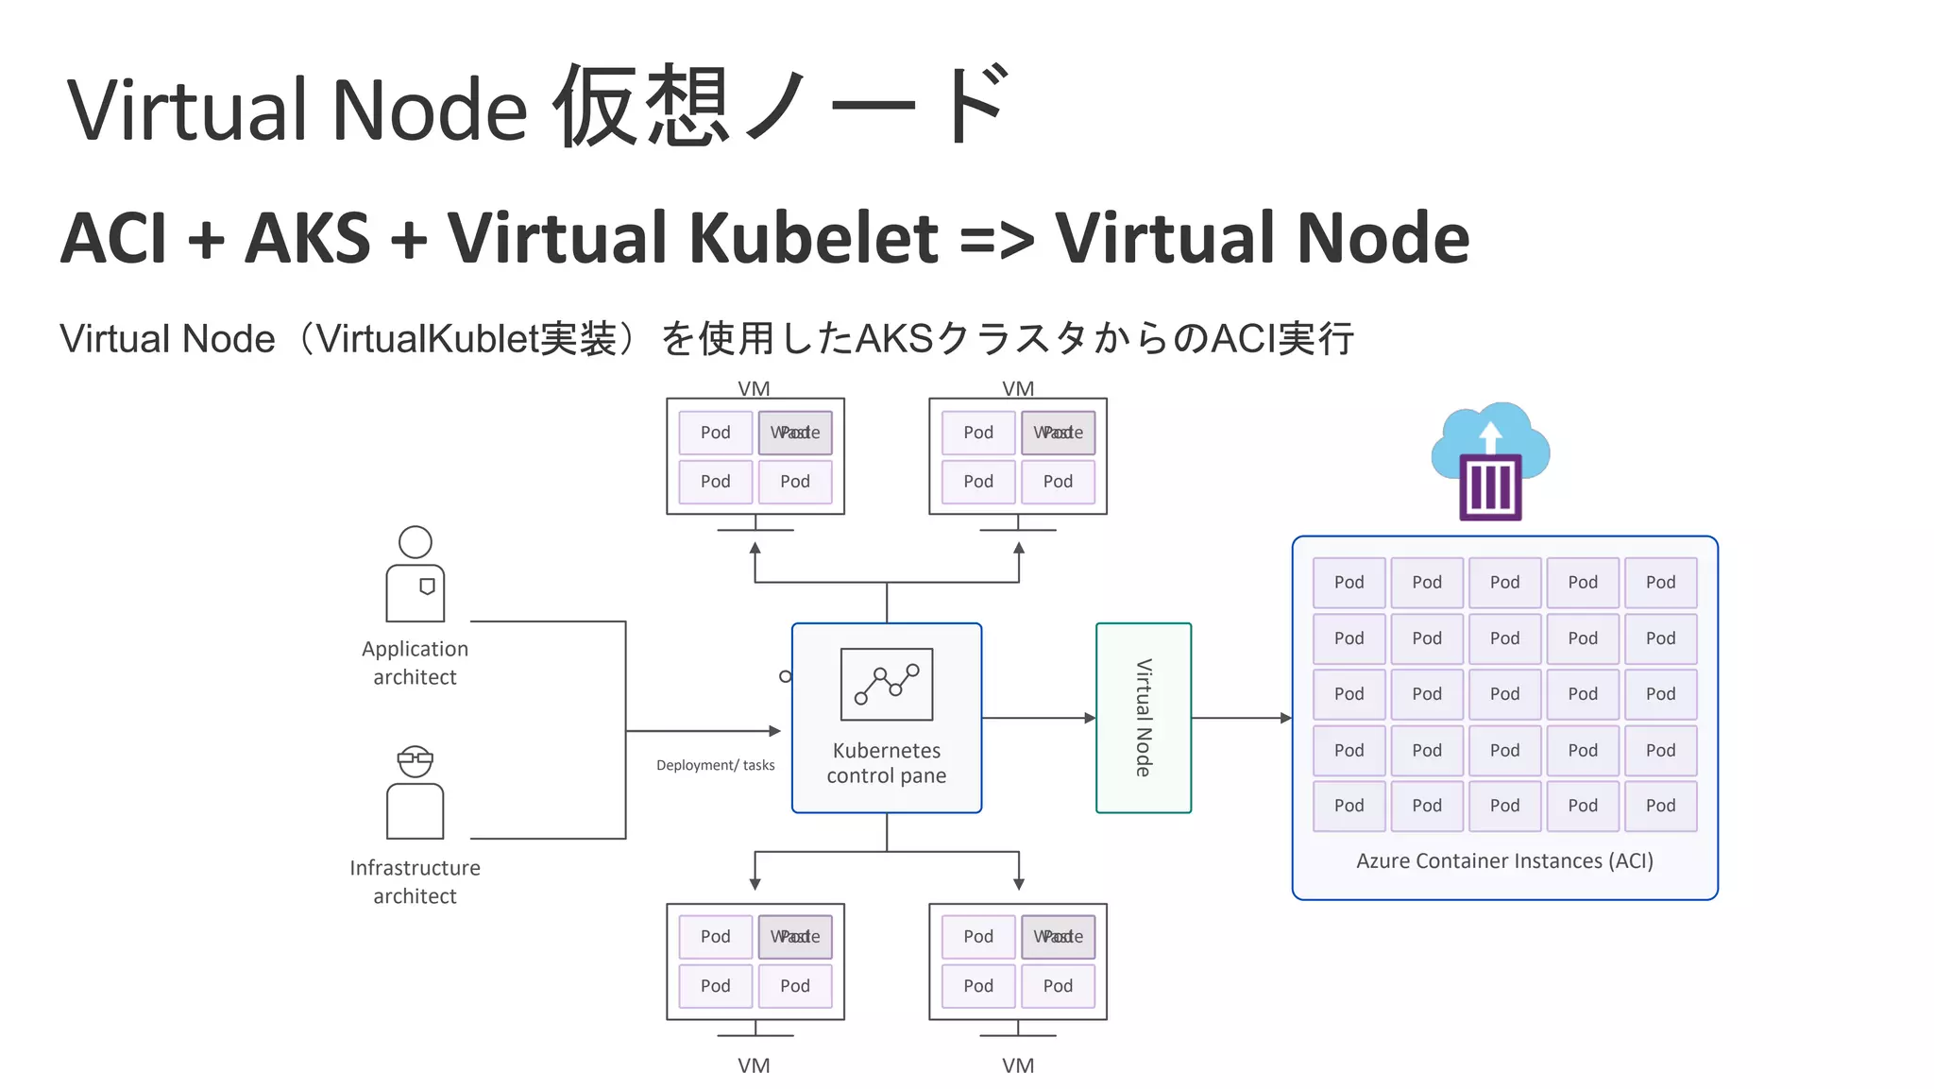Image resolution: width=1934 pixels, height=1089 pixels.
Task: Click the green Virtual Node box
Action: [x=1143, y=718]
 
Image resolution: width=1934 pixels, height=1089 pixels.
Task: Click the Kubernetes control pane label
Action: [x=886, y=763]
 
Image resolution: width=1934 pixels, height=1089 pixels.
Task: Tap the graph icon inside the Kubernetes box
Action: [x=886, y=685]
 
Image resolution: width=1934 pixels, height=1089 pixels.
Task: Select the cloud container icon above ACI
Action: [x=1490, y=463]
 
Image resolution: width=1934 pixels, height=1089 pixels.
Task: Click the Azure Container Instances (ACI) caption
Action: [x=1503, y=860]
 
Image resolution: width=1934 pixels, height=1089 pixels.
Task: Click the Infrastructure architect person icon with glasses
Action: [x=415, y=793]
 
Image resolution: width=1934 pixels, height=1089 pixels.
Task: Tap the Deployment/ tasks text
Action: [x=715, y=765]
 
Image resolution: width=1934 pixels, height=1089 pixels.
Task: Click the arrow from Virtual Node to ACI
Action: [x=1241, y=718]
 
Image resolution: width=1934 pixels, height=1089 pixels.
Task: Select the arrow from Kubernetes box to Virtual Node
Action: [x=1038, y=718]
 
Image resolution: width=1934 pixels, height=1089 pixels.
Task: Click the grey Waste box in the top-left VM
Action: [x=795, y=433]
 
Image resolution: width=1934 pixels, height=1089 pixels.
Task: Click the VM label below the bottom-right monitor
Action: [x=1018, y=1065]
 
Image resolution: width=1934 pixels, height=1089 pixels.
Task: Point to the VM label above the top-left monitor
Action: [x=754, y=388]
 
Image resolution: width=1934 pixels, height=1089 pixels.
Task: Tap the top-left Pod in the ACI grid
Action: [x=1349, y=583]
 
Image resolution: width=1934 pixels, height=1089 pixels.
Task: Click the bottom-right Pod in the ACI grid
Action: [x=1660, y=806]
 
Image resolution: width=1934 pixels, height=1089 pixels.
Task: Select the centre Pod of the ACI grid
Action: [x=1504, y=694]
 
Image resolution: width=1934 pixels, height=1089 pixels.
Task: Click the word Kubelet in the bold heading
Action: [x=814, y=237]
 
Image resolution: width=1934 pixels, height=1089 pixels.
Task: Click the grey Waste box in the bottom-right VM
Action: [x=1058, y=937]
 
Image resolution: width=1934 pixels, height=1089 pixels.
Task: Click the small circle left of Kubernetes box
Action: [x=785, y=676]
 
